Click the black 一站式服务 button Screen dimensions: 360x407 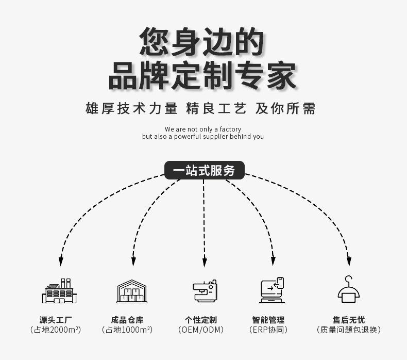204,171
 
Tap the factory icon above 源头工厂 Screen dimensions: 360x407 59,291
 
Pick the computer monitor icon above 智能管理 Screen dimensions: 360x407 272,290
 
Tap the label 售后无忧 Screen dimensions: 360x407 349,320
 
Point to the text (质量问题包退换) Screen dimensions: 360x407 349,330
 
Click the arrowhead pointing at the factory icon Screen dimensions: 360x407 61,261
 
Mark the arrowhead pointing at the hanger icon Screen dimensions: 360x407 349,261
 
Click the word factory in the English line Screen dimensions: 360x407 230,129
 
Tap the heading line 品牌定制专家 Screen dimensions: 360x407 202,76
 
